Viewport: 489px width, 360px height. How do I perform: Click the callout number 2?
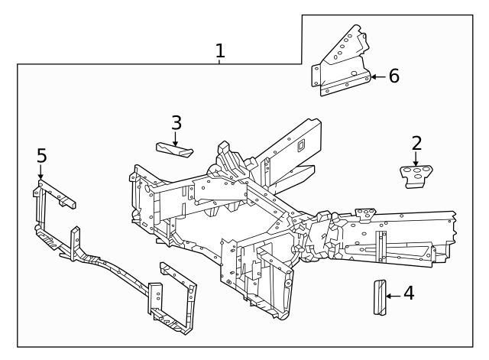tap(416, 143)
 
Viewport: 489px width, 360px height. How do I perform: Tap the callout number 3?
tap(176, 122)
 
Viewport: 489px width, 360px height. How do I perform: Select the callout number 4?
tap(409, 293)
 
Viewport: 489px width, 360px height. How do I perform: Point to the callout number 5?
tap(41, 156)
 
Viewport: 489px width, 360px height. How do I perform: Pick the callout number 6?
tap(393, 76)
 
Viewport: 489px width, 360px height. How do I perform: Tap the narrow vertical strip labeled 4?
tap(377, 297)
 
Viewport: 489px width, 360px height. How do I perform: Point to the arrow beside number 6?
tap(378, 76)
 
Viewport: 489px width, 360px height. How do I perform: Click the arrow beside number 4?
tap(391, 294)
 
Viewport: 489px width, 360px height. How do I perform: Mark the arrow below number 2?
tap(416, 159)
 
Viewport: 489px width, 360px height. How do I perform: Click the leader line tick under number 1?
tap(220, 62)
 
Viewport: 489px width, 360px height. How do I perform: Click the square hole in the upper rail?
tap(301, 143)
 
